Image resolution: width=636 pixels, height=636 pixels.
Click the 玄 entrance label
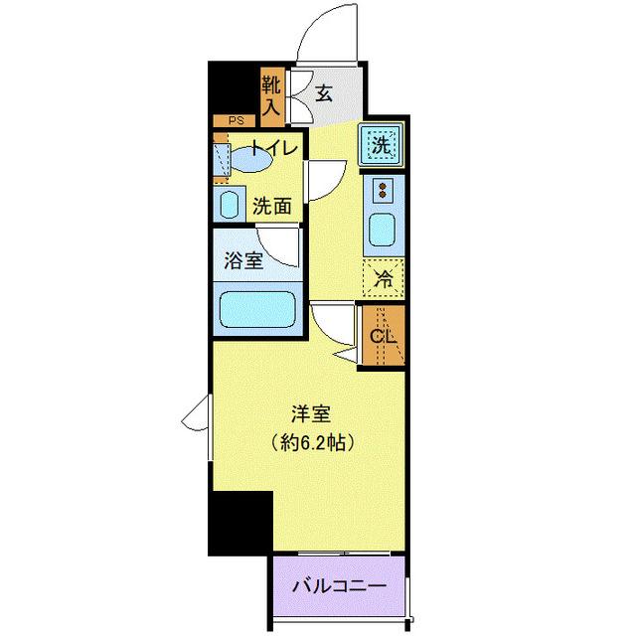coord(324,96)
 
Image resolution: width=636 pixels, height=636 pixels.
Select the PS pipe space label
coord(236,121)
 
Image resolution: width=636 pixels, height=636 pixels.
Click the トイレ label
coord(273,149)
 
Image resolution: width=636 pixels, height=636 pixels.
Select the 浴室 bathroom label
coord(242,263)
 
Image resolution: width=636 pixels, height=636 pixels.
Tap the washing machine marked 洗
coord(382,145)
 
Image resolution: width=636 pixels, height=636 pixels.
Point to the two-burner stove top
coord(383,188)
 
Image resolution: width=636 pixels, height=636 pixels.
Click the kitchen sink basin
coord(383,229)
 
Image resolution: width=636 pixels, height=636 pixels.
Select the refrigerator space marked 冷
coord(383,279)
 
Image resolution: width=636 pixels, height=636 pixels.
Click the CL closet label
coord(383,335)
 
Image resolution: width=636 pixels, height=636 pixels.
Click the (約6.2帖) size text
coord(310,442)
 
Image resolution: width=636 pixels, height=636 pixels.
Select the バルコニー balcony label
coord(339,587)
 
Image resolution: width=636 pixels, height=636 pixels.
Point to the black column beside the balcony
coord(239,522)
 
